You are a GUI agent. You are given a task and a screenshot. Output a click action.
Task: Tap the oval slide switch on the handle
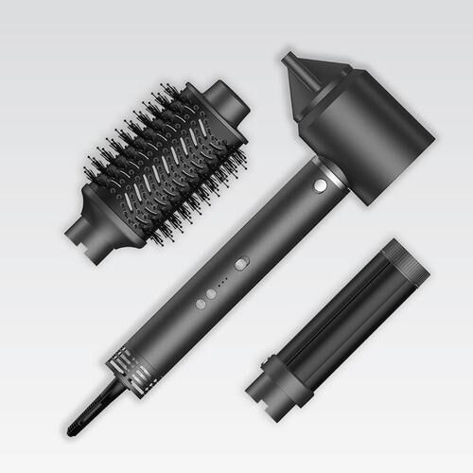tap(241, 264)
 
